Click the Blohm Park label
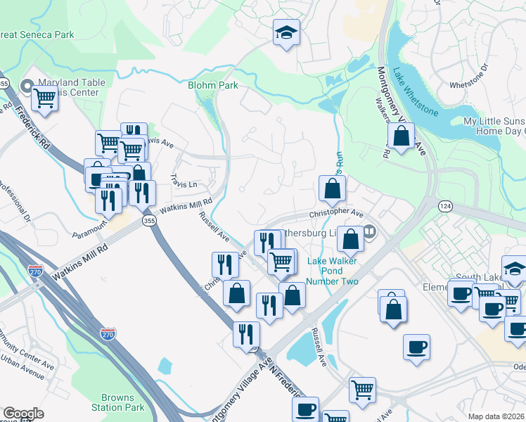pyautogui.click(x=212, y=86)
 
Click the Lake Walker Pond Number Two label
pyautogui.click(x=333, y=271)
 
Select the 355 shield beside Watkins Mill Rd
pyautogui.click(x=149, y=221)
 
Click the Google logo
pyautogui.click(x=23, y=414)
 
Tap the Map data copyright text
pyautogui.click(x=496, y=416)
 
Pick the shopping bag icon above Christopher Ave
pyautogui.click(x=331, y=188)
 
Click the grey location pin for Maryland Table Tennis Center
pyautogui.click(x=27, y=87)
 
